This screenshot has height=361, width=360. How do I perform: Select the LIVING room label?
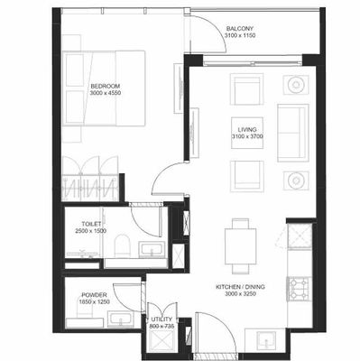point(248,131)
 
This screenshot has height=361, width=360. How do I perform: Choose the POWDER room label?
point(94,295)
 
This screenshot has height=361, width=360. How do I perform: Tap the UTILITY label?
point(162,319)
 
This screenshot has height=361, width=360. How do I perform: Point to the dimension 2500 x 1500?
point(91,231)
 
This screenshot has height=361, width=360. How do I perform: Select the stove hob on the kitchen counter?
point(298,288)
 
